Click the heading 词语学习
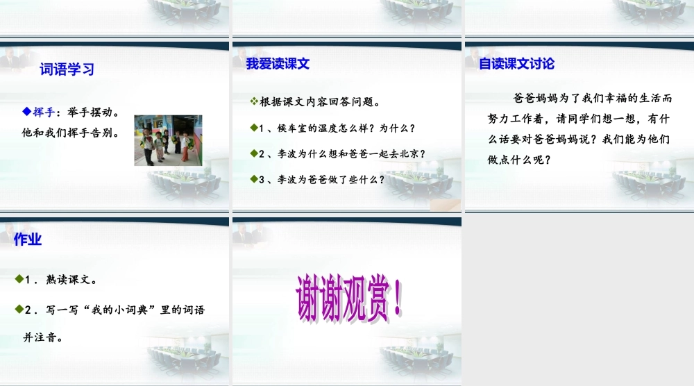(x=67, y=69)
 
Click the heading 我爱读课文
(x=278, y=64)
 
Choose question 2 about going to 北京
(x=341, y=153)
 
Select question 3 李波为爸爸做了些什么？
(x=321, y=179)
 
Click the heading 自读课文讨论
(x=516, y=64)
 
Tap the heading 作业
(x=28, y=240)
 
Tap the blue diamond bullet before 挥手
(x=27, y=110)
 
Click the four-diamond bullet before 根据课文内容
(x=254, y=102)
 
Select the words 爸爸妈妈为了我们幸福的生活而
(x=592, y=99)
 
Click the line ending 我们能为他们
(x=579, y=139)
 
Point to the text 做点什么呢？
(x=519, y=160)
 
